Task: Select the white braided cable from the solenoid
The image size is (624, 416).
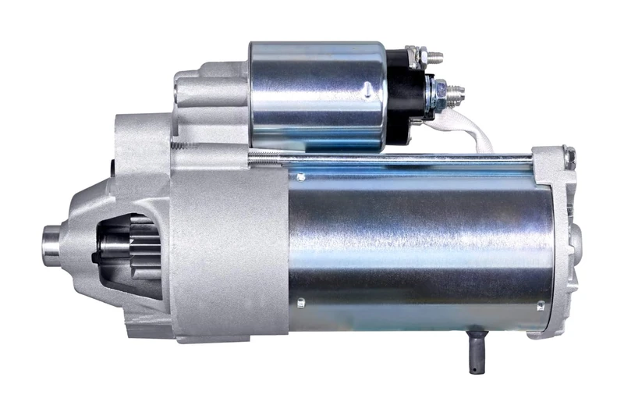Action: pyautogui.click(x=477, y=129)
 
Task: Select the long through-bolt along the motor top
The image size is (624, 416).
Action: pyautogui.click(x=390, y=159)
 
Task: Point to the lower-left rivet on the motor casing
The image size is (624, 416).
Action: pyautogui.click(x=300, y=300)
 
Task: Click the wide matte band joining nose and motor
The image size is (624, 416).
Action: pyautogui.click(x=229, y=250)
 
